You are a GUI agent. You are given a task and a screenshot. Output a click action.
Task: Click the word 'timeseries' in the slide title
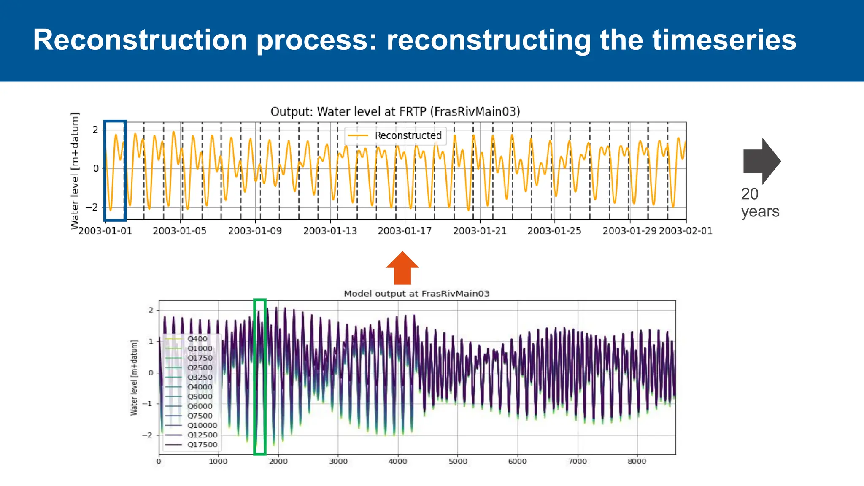click(724, 40)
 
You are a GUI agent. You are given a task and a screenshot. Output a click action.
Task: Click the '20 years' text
click(760, 202)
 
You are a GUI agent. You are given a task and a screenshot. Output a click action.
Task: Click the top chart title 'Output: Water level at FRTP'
click(395, 112)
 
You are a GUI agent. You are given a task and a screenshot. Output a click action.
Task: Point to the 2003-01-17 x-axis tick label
click(405, 231)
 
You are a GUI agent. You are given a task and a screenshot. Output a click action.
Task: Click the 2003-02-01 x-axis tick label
click(686, 231)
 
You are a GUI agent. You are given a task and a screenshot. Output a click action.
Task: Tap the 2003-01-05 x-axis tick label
click(180, 231)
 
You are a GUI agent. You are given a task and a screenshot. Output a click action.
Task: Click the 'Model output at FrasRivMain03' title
click(416, 294)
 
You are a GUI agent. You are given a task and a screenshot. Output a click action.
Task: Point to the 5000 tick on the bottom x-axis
click(458, 462)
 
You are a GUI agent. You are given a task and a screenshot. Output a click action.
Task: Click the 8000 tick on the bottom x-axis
click(637, 462)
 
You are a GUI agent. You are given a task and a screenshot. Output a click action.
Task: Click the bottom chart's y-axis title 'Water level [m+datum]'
click(134, 378)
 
